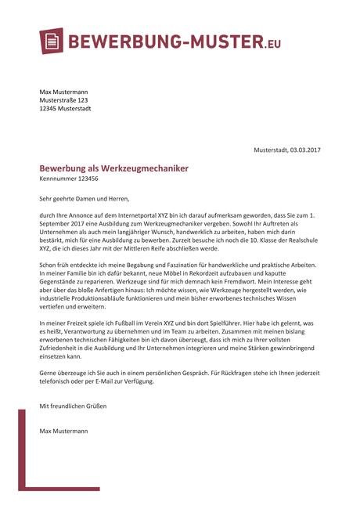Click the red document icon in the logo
pos(52,42)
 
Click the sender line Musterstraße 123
pos(64,100)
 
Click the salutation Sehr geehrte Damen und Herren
pos(82,199)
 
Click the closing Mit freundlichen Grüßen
pos(73,406)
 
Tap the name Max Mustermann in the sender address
pos(63,92)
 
